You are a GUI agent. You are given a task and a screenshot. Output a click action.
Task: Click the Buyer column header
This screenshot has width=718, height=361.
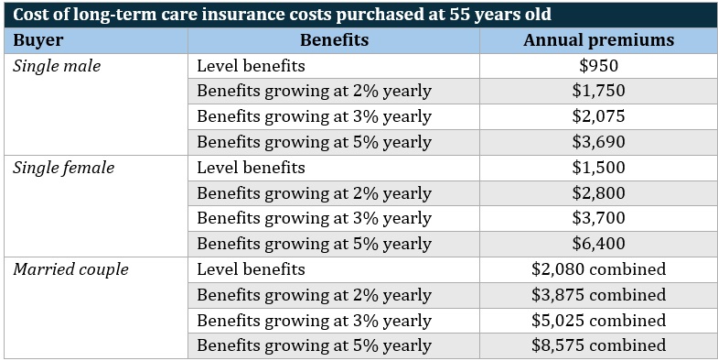coord(38,40)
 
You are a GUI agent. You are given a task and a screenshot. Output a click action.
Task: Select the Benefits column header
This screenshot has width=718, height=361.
coord(334,40)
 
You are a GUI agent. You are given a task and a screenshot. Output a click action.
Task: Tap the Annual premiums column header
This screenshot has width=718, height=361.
coord(598,40)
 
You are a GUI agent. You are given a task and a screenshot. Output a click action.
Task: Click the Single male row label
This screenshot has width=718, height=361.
coord(57,66)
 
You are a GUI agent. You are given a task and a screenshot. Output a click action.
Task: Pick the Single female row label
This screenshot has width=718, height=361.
coord(63,168)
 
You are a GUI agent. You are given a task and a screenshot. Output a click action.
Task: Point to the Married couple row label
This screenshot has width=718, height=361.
coord(70,269)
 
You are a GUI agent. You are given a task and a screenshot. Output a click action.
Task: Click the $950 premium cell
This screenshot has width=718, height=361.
coord(598,66)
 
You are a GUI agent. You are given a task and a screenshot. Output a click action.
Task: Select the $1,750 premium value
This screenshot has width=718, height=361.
coord(598,92)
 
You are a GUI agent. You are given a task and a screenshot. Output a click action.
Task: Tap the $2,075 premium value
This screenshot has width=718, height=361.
coord(598,116)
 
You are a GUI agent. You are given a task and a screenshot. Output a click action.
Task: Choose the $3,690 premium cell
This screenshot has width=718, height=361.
coord(598,142)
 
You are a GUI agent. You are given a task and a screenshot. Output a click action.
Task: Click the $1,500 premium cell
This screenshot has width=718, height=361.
coord(598,168)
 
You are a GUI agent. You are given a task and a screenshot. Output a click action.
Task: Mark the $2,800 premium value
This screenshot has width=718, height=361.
coord(598,193)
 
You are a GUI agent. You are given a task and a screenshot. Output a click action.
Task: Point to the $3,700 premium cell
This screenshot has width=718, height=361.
coord(598,218)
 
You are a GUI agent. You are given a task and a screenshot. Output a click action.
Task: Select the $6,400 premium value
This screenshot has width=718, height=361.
coord(598,244)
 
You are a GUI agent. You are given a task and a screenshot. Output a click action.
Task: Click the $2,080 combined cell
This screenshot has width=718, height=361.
coord(598,269)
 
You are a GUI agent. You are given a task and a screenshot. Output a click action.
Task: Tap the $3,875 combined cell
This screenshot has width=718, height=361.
coord(598,295)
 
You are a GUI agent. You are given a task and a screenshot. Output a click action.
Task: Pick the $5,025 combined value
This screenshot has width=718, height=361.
coord(598,321)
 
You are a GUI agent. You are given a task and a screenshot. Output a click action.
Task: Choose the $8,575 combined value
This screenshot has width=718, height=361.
coord(598,345)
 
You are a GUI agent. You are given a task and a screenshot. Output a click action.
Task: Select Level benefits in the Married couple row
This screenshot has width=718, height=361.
coord(251,269)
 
